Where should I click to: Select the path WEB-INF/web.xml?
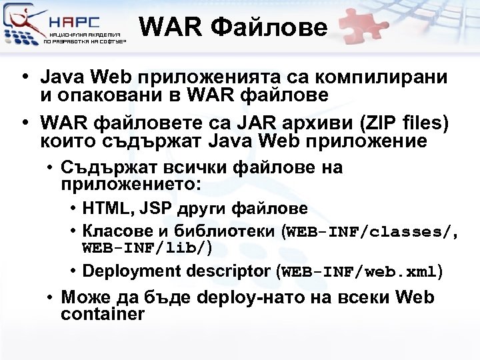click(360, 272)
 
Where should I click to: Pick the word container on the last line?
click(102, 314)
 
